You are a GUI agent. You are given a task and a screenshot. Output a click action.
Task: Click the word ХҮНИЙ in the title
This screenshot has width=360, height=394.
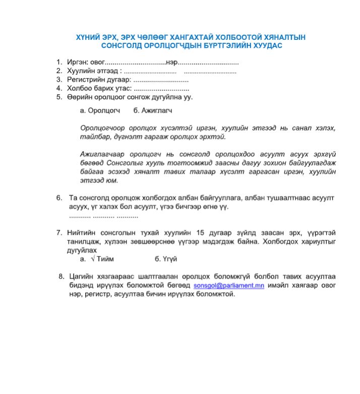[87, 37]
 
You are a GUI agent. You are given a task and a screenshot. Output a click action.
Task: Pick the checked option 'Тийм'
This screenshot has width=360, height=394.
[105, 259]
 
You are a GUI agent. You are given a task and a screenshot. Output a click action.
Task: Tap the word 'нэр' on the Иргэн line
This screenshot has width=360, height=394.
[171, 62]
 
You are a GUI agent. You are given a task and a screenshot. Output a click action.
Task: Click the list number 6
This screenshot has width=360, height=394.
[59, 197]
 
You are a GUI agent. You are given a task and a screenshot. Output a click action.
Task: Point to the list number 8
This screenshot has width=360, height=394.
[61, 276]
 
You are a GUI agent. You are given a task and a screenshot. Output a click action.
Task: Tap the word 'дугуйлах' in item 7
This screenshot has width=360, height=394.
[82, 250]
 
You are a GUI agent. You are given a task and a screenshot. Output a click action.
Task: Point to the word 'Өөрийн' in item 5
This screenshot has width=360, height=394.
[78, 97]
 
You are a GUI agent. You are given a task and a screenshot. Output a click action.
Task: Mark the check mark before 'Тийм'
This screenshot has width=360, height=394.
[93, 259]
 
